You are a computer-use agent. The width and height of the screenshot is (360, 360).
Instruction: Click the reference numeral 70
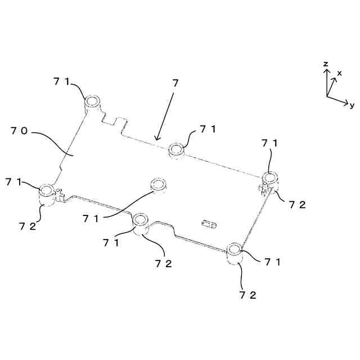click(20, 132)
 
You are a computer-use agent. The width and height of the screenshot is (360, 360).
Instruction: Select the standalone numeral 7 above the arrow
click(175, 83)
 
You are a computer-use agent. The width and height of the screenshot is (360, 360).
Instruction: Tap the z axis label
click(326, 65)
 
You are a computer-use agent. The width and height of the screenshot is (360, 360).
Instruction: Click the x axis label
click(339, 73)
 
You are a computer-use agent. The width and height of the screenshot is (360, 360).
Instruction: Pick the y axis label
click(352, 105)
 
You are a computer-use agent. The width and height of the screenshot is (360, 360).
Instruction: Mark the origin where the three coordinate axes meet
click(327, 96)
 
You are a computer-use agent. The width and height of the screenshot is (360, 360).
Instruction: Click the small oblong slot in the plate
click(209, 224)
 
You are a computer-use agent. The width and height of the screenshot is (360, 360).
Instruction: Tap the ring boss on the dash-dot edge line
click(177, 150)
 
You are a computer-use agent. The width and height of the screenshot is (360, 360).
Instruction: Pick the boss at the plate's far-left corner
click(46, 192)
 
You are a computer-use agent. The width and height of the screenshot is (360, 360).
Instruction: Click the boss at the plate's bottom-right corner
click(234, 251)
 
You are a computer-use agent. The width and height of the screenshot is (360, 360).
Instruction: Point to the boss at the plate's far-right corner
click(270, 179)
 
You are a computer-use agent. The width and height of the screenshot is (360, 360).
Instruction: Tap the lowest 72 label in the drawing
click(248, 295)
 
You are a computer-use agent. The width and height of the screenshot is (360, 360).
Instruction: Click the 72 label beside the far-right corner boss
click(297, 205)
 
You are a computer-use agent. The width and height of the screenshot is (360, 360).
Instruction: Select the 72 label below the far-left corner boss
click(28, 226)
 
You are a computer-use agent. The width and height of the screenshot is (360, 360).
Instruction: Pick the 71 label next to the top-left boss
click(62, 82)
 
